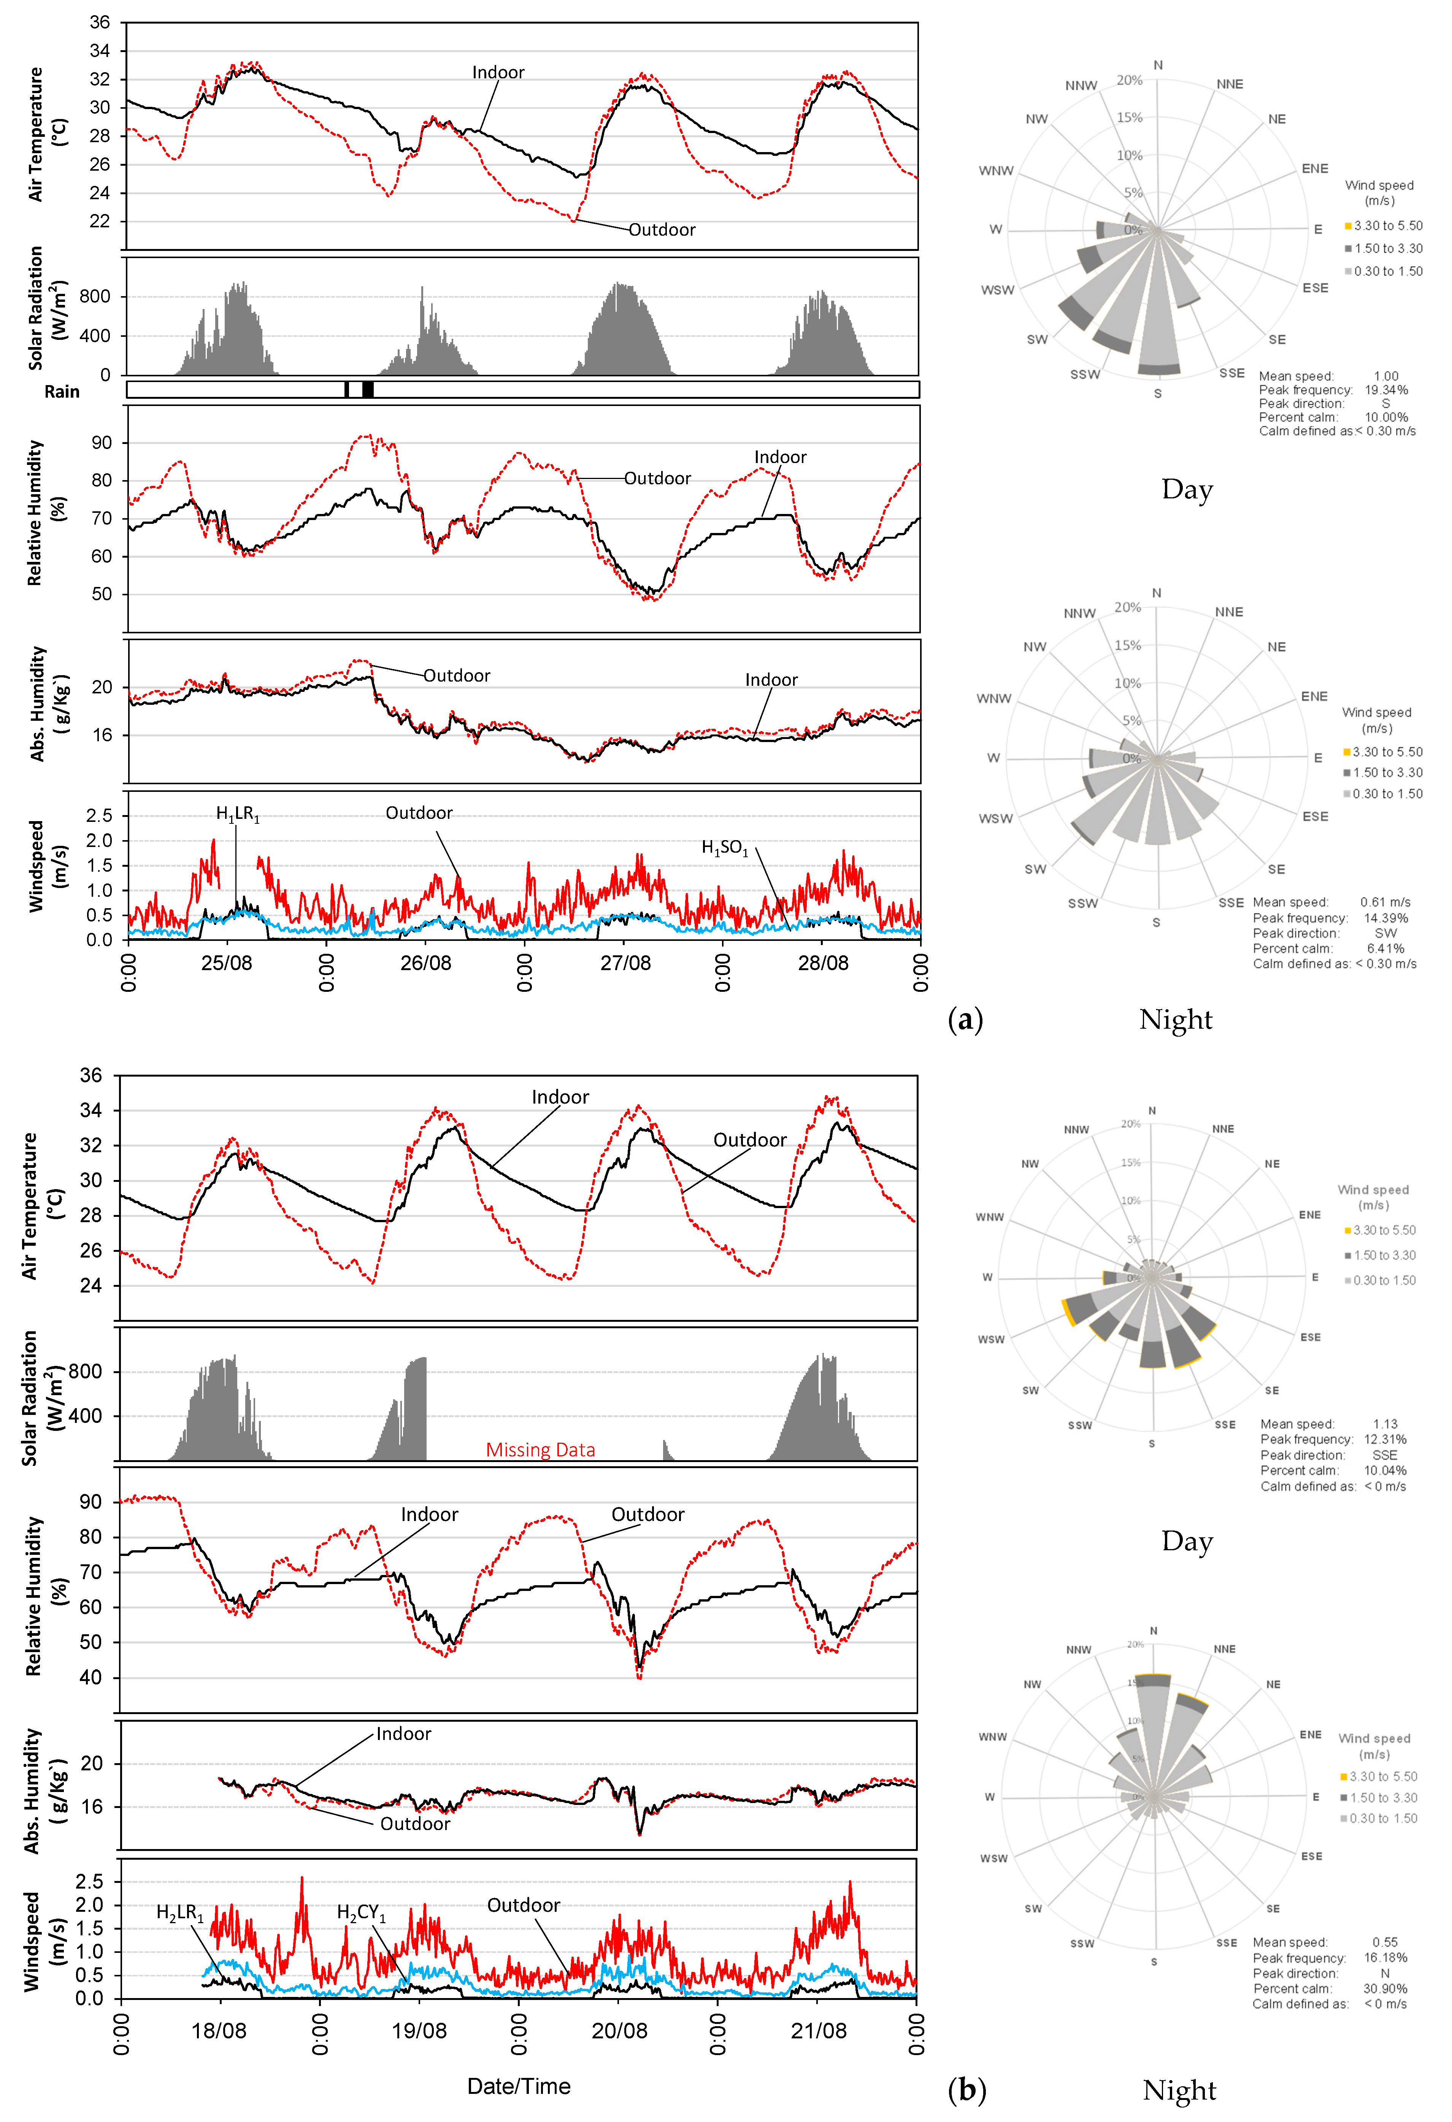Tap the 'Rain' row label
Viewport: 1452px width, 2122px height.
pos(62,392)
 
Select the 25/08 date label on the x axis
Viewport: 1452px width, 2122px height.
pos(227,963)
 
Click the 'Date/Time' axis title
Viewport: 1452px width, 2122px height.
pos(519,2086)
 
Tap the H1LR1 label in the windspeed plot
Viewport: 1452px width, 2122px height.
pos(237,814)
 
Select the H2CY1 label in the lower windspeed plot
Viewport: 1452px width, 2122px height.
pos(361,1913)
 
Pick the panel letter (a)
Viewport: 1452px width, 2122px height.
pos(965,1019)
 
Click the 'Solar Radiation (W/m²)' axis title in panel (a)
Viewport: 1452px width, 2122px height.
pos(48,309)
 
